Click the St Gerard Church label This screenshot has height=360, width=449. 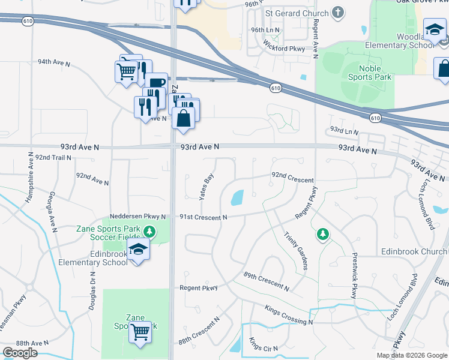(x=297, y=13)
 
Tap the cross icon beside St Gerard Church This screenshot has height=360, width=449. (x=339, y=12)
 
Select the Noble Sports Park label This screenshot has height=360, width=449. (x=370, y=73)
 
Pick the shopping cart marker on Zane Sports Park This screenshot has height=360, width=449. (x=140, y=331)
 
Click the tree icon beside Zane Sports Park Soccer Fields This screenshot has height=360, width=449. (x=161, y=232)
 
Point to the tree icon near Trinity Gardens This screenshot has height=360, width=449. (x=323, y=234)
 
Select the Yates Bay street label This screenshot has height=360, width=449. (x=206, y=187)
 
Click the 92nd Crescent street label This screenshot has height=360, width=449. (x=292, y=180)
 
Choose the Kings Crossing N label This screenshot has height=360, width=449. (x=288, y=314)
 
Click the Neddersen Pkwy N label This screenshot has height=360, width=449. (x=137, y=217)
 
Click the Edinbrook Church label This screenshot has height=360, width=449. (x=414, y=251)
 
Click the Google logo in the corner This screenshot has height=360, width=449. (x=20, y=352)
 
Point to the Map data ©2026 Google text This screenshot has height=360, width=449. (x=411, y=355)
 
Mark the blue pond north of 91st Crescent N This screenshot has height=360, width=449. (x=237, y=197)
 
